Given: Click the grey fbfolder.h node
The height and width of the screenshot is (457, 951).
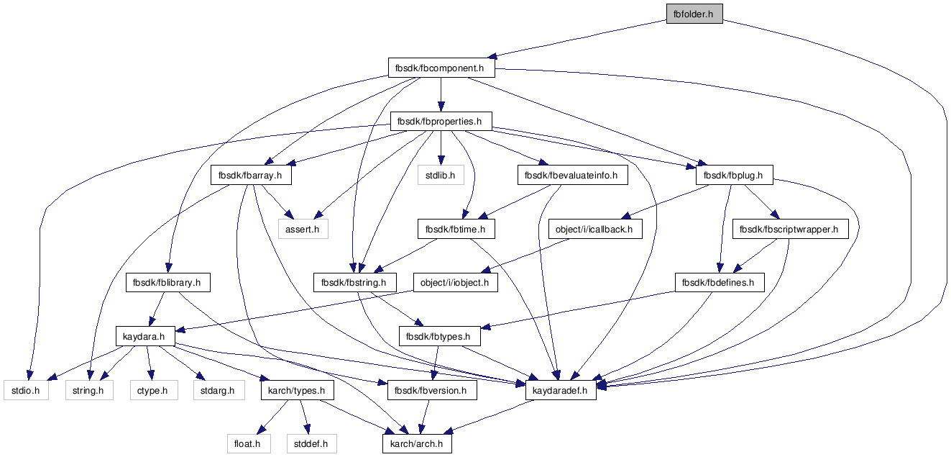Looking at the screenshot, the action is (x=694, y=14).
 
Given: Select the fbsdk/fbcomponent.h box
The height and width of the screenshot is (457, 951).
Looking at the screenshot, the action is (x=441, y=68).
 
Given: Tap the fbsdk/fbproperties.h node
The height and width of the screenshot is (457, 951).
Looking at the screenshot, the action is (x=441, y=122).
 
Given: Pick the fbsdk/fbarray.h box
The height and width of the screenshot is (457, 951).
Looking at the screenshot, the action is (x=251, y=175).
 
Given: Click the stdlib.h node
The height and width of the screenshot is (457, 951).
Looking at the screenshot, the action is (x=441, y=175).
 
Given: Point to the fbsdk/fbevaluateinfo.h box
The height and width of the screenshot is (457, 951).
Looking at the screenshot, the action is (x=572, y=175).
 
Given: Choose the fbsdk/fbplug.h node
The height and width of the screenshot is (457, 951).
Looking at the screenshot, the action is (x=734, y=175).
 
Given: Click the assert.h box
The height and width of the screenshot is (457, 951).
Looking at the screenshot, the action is (x=303, y=229).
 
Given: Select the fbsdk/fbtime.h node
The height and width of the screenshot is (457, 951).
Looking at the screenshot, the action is (x=456, y=229).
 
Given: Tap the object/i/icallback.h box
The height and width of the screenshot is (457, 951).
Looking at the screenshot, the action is (x=595, y=229).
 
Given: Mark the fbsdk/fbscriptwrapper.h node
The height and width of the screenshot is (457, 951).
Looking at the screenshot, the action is (x=790, y=229).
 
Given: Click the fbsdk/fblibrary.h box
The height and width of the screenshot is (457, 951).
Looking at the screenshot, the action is (x=167, y=283).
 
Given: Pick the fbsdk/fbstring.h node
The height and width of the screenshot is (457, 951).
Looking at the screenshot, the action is (x=355, y=283).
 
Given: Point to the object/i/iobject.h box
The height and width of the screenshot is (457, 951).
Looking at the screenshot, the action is (x=456, y=283).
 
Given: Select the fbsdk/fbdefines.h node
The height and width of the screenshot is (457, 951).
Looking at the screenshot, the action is (x=720, y=283).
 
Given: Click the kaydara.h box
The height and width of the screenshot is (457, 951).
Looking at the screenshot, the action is (x=145, y=336).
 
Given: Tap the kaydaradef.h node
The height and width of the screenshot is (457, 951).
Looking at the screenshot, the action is (x=561, y=390).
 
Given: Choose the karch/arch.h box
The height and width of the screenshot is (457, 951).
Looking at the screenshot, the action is (x=417, y=444).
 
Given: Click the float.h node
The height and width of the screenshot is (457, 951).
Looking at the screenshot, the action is (x=249, y=444).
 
